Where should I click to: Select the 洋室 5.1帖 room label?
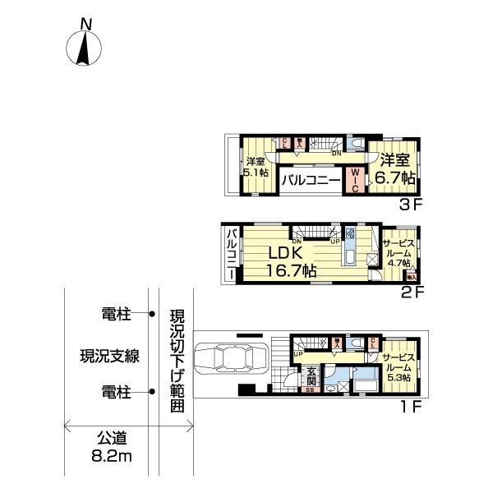tap(255, 168)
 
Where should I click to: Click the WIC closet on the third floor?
tap(354, 179)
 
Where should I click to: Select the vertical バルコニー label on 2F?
tap(232, 253)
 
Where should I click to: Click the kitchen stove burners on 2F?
tap(349, 233)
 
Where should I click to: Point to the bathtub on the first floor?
tap(364, 385)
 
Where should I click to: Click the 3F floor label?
tap(409, 205)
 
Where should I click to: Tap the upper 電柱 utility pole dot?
tap(152, 313)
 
